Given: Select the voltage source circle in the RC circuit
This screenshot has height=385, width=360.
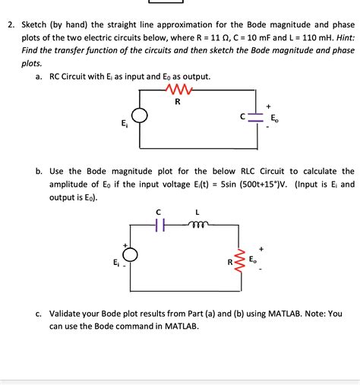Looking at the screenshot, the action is pos(140,116).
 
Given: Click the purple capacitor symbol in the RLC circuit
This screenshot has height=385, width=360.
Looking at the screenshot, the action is pos(159,225).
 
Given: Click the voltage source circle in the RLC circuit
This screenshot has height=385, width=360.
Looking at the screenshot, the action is pos(131,256).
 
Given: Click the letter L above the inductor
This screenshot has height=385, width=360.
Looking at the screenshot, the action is pos(197,213).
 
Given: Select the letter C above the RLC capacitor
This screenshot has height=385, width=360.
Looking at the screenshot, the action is pos(159,213).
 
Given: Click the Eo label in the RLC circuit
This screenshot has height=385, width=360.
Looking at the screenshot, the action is pos(254,261).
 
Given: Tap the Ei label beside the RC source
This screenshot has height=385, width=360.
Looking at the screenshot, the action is pos(124,124).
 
